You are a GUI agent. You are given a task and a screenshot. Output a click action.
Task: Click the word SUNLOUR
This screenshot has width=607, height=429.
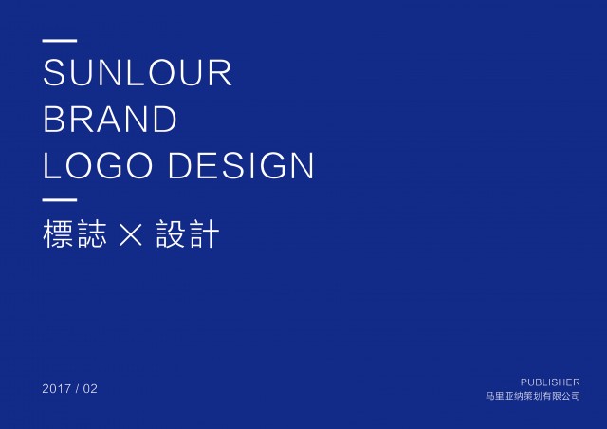coord(138,72)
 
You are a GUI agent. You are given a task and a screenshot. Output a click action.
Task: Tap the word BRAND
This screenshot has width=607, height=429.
coord(110,119)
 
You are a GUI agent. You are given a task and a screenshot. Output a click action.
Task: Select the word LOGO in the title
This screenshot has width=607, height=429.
coord(98,165)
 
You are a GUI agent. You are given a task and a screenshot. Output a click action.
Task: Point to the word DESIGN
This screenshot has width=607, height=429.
coord(241,165)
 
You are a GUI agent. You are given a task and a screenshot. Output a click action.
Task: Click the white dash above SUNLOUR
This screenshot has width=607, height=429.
coord(60,40)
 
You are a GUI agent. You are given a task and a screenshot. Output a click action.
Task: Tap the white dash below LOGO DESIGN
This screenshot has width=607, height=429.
coord(60,200)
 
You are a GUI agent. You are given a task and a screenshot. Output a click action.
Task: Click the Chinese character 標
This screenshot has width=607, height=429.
coord(58,233)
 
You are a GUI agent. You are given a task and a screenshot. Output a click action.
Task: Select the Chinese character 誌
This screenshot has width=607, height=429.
coord(92,233)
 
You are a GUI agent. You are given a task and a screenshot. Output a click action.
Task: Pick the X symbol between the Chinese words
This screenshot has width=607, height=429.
coord(131,233)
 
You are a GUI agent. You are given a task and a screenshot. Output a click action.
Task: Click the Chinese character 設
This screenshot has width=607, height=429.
coord(171,233)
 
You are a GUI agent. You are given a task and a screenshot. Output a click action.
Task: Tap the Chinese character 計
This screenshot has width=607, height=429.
coord(205,233)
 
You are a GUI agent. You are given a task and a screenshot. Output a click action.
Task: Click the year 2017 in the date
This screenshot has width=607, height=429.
coord(57,389)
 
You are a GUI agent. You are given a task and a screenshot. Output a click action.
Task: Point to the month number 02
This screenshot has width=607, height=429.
coord(90,389)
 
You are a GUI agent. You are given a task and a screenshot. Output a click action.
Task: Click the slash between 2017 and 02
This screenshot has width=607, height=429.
coord(78,389)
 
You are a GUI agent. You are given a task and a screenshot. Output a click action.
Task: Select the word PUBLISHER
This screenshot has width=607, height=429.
coord(550,382)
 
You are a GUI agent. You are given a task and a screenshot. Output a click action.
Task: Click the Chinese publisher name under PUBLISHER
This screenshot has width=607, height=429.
coord(533,396)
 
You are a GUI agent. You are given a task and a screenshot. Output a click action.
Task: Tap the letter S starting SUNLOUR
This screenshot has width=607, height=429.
coord(54,72)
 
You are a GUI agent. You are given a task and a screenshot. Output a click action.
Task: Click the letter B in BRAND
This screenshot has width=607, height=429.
coord(54,119)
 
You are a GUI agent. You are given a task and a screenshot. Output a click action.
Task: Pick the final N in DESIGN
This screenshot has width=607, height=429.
coord(302,165)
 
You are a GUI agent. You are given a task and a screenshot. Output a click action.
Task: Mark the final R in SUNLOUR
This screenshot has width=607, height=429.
coord(221,72)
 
